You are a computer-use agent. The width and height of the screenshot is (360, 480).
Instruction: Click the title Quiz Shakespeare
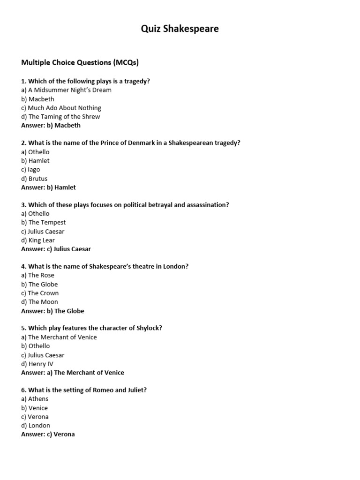180,29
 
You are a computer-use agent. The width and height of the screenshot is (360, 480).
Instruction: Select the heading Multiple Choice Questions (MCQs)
80,62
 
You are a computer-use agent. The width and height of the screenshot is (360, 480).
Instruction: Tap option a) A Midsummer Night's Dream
66,90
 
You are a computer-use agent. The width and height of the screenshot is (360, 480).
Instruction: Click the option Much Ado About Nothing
61,108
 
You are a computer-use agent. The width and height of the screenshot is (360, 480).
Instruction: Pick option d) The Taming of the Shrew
60,117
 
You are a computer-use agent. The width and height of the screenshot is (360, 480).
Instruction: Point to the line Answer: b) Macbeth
51,125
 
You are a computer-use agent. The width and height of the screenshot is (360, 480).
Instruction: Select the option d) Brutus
34,179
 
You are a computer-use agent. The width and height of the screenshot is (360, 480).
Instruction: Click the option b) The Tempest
43,223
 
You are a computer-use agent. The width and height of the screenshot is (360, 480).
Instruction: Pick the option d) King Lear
38,240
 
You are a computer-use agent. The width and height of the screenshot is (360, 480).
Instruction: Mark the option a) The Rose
37,276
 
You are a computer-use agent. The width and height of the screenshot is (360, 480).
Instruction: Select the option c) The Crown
40,293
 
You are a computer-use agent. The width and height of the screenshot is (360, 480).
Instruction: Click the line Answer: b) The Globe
52,311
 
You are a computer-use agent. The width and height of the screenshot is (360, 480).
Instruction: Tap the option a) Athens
35,399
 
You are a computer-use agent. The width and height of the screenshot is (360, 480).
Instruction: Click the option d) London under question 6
36,426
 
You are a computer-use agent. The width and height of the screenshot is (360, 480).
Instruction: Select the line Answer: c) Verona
48,434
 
